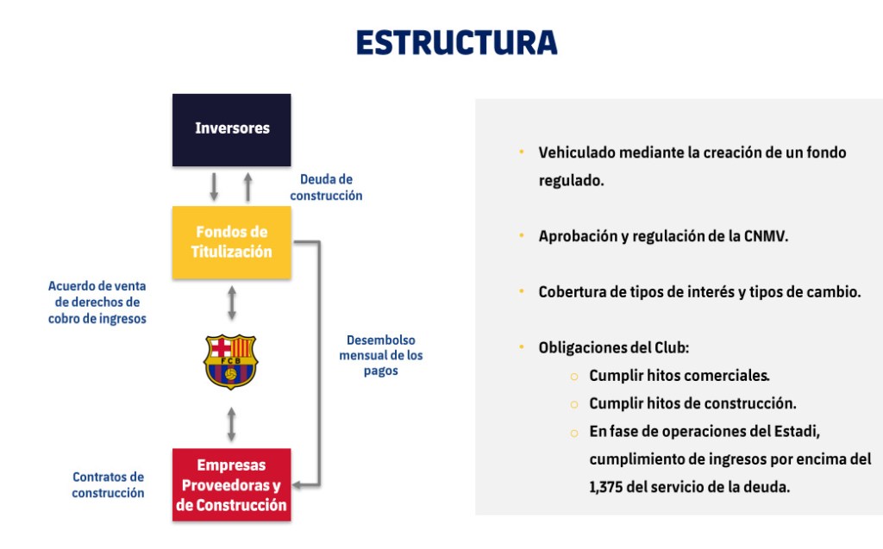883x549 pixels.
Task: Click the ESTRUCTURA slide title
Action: pyautogui.click(x=456, y=42)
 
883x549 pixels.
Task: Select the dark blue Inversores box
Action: pyautogui.click(x=232, y=129)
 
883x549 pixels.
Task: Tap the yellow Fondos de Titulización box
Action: pyautogui.click(x=232, y=242)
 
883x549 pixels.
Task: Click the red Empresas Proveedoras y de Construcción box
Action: pyautogui.click(x=232, y=484)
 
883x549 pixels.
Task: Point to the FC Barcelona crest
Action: pyautogui.click(x=230, y=361)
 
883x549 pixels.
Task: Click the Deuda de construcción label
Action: pyautogui.click(x=326, y=188)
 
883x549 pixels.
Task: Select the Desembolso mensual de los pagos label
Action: pyautogui.click(x=380, y=355)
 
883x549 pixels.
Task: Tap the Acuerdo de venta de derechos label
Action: pyautogui.click(x=97, y=303)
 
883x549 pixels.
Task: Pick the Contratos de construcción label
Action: pyautogui.click(x=108, y=484)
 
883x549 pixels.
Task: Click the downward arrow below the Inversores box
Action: pyautogui.click(x=214, y=186)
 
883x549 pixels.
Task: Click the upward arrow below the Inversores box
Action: pyautogui.click(x=248, y=186)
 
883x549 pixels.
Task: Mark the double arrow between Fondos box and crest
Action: pyautogui.click(x=231, y=303)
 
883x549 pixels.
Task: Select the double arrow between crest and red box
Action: pyautogui.click(x=231, y=424)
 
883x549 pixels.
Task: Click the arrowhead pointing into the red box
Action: pyautogui.click(x=297, y=484)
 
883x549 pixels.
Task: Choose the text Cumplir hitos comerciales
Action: pyautogui.click(x=679, y=376)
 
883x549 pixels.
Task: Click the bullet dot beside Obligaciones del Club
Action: pyautogui.click(x=522, y=347)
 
